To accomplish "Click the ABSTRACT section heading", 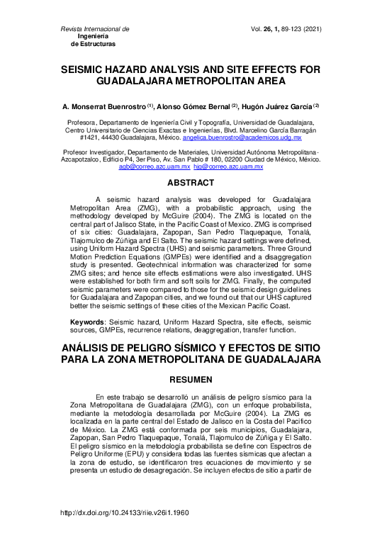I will click(x=191, y=183).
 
